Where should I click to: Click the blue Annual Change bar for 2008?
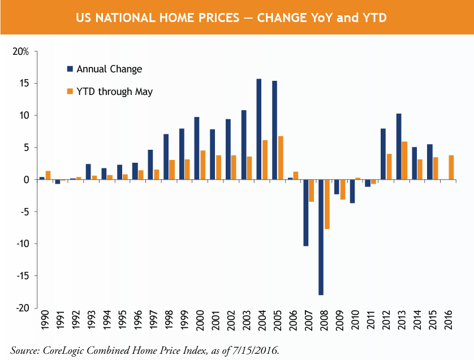321,237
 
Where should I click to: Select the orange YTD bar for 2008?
327,204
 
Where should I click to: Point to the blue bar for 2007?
306,212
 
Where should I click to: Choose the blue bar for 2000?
197,148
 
